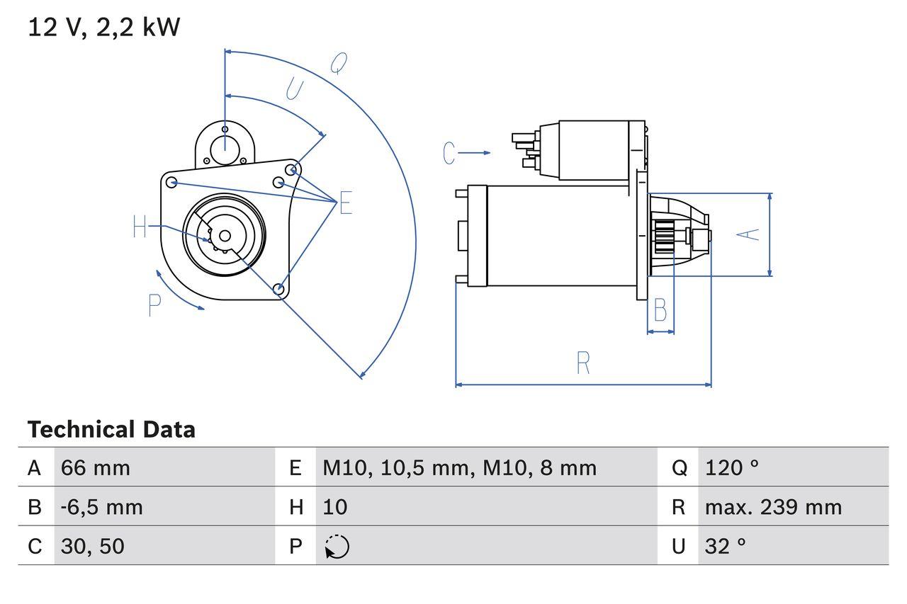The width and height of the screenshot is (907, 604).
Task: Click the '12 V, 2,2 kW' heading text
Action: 104,28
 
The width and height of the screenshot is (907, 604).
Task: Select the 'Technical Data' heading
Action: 111,430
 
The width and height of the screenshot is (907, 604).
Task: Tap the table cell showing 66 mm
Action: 96,467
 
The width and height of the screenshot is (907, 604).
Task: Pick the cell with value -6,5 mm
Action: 101,507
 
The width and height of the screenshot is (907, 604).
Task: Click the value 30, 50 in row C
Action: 93,546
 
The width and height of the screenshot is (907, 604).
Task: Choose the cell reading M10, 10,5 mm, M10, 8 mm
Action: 459,467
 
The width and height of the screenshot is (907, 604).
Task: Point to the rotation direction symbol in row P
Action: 337,547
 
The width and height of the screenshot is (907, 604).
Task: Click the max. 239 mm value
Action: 773,507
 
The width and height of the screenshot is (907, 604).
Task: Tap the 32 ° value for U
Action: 726,546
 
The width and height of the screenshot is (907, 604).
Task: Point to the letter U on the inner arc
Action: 293,90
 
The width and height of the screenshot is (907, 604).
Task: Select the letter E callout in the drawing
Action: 345,203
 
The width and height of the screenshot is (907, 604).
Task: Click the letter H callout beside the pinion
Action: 140,227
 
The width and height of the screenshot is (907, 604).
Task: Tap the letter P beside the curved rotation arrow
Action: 155,305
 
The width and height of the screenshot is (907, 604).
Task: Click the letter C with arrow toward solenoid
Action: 449,153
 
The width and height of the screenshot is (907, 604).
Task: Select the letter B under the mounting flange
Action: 660,310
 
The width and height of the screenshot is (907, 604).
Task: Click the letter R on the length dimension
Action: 582,363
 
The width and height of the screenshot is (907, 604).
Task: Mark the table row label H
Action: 295,507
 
